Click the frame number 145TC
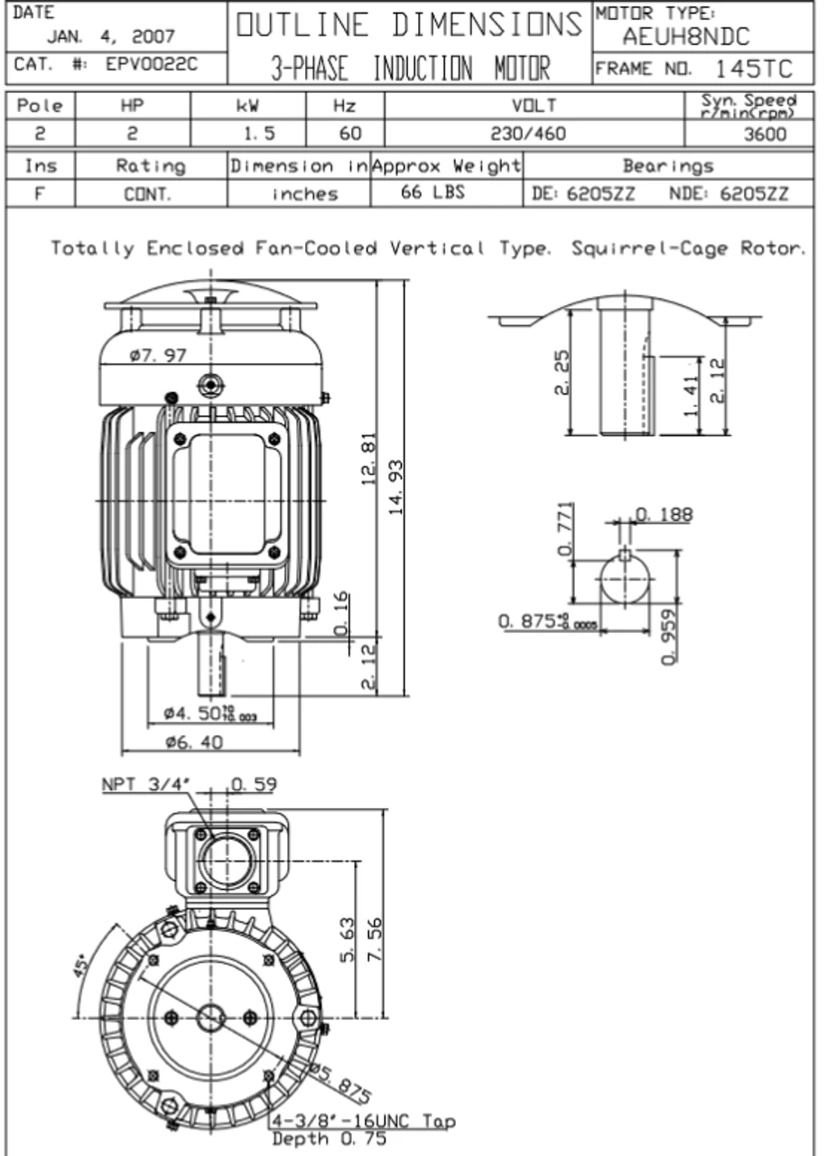coord(755,69)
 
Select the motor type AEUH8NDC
coord(685,38)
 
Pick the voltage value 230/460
coord(528,135)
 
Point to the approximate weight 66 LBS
coord(432,192)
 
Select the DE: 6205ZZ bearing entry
coord(583,193)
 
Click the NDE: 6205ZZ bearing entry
coord(729,193)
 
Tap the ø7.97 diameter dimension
coord(157,355)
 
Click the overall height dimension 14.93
coord(395,487)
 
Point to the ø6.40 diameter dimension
coord(194,742)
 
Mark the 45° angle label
coord(80,967)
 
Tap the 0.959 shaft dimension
coord(668,637)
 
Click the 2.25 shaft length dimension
coord(561,372)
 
